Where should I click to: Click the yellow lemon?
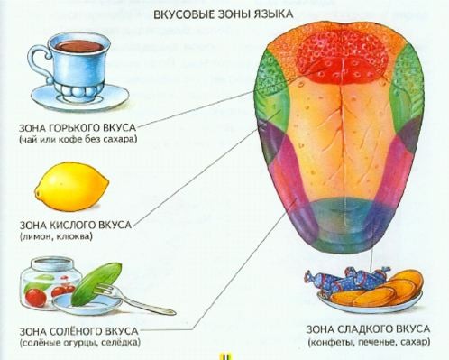(x=71, y=186)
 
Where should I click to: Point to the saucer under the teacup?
(x=79, y=96)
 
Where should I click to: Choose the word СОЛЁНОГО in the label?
(x=76, y=331)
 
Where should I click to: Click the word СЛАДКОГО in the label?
(x=362, y=329)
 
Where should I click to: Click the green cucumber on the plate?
(x=96, y=283)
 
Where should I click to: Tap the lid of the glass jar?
(x=53, y=263)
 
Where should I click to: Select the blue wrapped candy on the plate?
(x=349, y=280)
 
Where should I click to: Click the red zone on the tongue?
(x=342, y=57)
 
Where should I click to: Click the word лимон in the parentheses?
(x=32, y=236)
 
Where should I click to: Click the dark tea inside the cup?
(x=78, y=46)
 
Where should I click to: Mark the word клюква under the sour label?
(x=74, y=236)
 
